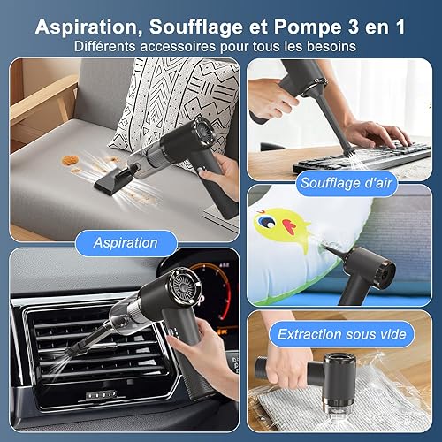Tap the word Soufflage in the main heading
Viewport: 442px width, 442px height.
point(196,27)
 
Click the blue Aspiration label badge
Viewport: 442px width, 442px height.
point(126,243)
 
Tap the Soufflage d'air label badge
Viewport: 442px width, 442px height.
point(347,183)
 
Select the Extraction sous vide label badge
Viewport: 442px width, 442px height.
point(342,334)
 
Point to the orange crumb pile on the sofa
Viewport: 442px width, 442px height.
point(70,161)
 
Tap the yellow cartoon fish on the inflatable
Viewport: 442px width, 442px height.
point(280,225)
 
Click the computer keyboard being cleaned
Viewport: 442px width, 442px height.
point(362,157)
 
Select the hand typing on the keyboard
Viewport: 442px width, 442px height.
point(380,134)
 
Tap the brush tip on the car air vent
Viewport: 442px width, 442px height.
point(73,351)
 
